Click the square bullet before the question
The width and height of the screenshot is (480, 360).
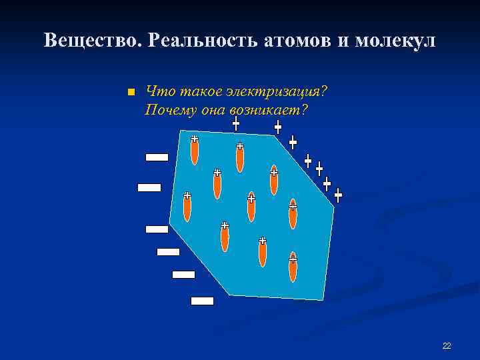(131, 92)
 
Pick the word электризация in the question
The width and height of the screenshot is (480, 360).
(275, 91)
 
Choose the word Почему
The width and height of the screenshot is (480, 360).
(169, 109)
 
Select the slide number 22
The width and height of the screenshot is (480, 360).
(447, 345)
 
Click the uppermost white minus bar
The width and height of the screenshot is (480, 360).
(157, 157)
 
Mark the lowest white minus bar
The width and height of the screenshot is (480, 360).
(202, 301)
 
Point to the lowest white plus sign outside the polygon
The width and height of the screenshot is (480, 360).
(338, 196)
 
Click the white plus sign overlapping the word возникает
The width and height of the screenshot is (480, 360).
(236, 123)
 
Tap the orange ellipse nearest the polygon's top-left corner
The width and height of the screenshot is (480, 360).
(195, 150)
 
